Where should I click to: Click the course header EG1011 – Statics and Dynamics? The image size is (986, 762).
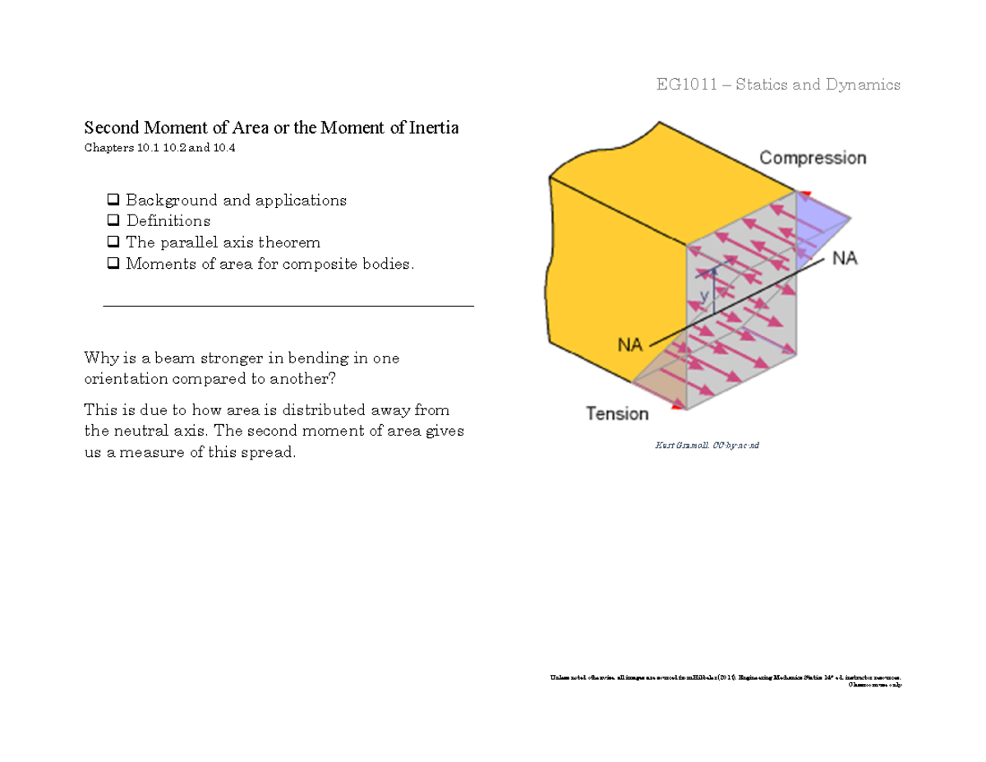point(777,85)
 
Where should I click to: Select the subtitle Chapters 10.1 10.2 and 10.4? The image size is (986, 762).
point(164,149)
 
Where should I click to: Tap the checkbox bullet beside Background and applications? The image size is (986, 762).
point(113,200)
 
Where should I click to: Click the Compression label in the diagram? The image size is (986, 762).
point(812,158)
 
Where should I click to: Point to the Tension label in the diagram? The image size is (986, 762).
point(617,413)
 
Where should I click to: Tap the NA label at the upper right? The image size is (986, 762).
point(845,259)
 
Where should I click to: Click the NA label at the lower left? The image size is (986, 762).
point(629,346)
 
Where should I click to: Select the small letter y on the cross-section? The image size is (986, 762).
point(704,293)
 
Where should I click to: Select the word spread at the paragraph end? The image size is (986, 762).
point(270,453)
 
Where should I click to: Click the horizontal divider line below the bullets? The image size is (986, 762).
point(288,306)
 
